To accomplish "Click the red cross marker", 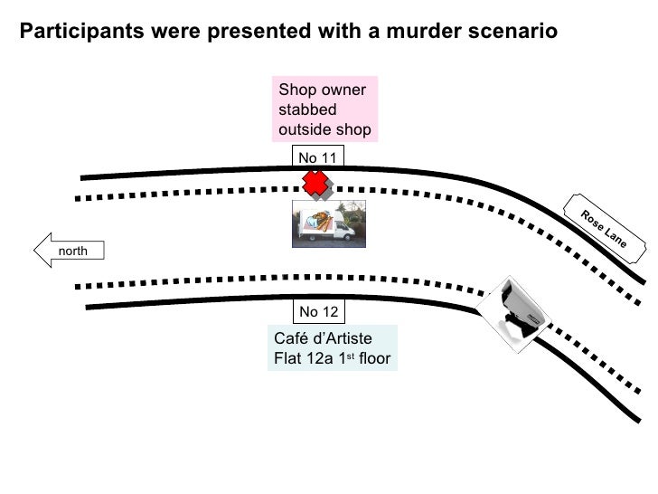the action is pos(314,183).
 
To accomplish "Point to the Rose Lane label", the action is pos(604,226).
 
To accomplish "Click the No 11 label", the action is pos(317,158).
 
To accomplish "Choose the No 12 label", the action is pos(318,312).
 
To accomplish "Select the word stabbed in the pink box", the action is pos(307,109).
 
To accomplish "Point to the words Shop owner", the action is pos(323,90).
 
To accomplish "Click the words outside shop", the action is pos(324,129).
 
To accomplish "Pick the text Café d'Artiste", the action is pos(323,338).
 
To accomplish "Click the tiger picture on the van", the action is pos(315,218).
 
